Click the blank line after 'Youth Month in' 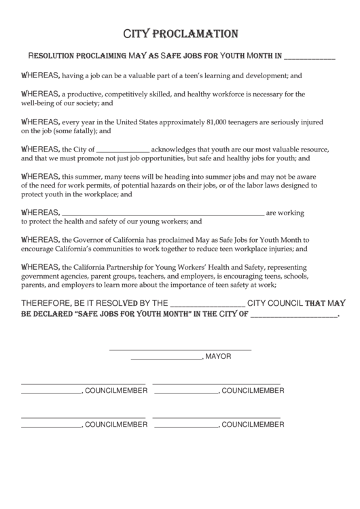(x=309, y=58)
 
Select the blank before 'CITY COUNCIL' (x=205, y=304)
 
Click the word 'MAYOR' (x=219, y=356)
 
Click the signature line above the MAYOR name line (x=180, y=349)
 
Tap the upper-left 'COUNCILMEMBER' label (x=116, y=391)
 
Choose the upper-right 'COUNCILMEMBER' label (x=253, y=391)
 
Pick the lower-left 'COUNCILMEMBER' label (x=116, y=424)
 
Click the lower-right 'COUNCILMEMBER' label (x=253, y=424)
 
